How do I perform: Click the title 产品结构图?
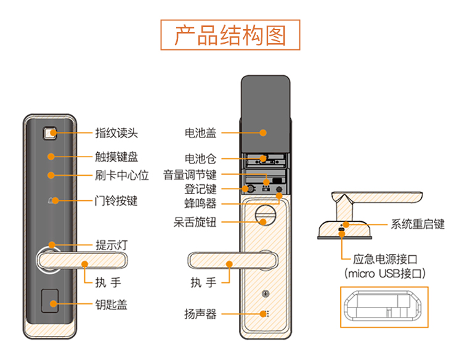(230, 35)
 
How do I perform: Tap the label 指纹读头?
(116, 133)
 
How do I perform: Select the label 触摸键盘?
(116, 157)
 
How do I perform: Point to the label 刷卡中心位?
(122, 175)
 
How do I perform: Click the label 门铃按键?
(116, 200)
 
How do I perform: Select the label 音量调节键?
(190, 174)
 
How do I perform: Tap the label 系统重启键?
(418, 224)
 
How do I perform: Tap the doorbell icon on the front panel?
(51, 200)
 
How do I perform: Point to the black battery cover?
(265, 111)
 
